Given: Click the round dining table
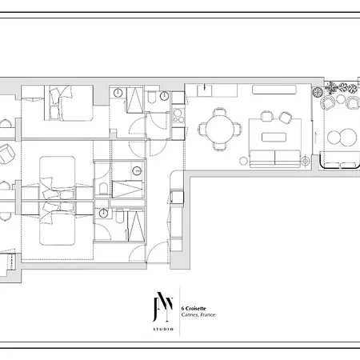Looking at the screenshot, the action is [x=220, y=130].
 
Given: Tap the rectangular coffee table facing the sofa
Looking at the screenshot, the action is [x=274, y=138].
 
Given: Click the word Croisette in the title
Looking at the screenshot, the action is [x=196, y=309].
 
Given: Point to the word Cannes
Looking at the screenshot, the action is [x=190, y=315].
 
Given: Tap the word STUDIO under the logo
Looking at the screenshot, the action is [x=163, y=330].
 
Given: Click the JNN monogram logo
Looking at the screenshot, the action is [x=163, y=306].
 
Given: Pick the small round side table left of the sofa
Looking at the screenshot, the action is [x=243, y=161].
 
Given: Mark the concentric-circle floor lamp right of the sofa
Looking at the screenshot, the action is [x=306, y=161].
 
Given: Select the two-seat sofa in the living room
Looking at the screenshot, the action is [x=275, y=158].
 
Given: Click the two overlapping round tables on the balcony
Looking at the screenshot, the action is [x=342, y=137].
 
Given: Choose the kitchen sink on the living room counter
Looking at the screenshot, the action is [x=205, y=90].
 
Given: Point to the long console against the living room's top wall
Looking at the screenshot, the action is [x=274, y=90].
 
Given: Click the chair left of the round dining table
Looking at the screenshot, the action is [x=202, y=130].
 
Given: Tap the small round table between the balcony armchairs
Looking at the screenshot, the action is [x=341, y=99].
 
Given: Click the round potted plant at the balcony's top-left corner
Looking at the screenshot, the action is [x=318, y=92].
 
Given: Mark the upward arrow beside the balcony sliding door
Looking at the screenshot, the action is [x=315, y=138].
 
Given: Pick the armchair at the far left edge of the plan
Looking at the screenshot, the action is [x=6, y=154].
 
